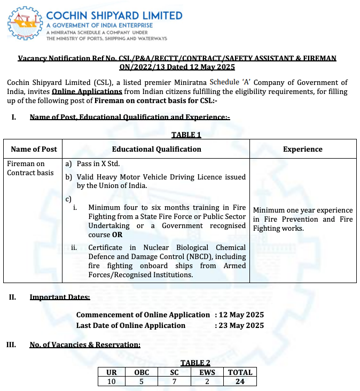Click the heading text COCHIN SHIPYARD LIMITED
(114, 15)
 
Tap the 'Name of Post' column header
(34, 149)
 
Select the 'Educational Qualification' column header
(156, 149)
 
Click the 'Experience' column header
(302, 149)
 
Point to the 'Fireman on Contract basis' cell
(26, 168)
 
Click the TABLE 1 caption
(186, 135)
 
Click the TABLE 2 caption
(195, 363)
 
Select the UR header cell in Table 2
(112, 372)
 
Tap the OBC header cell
(142, 372)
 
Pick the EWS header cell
(207, 372)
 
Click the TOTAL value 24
(240, 381)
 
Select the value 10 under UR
(112, 381)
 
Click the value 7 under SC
(174, 381)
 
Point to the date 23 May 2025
(241, 325)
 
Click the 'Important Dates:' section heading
(60, 297)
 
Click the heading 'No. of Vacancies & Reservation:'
(85, 345)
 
